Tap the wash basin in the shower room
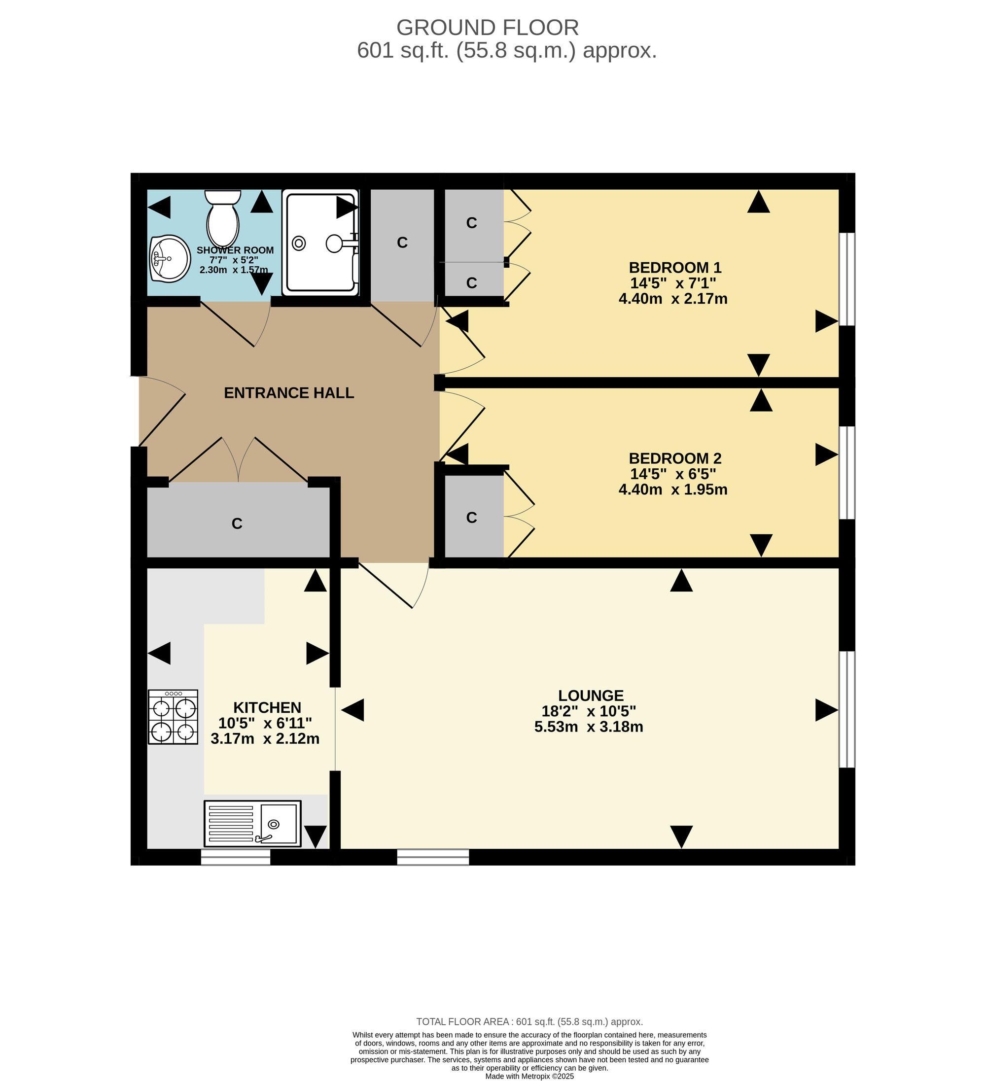pos(170,258)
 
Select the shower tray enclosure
pos(320,243)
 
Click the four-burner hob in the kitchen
pos(173,717)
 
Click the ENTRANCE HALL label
pos(289,393)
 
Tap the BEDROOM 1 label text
pos(675,268)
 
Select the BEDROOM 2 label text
pos(675,458)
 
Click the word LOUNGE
pos(591,696)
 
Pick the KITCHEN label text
pos(267,707)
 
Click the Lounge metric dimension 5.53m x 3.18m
pos(589,727)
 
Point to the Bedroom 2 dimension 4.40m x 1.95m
pos(673,489)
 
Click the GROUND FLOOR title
pos(488,27)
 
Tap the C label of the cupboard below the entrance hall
pos(237,523)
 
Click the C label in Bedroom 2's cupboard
pos(472,518)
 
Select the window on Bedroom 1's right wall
pos(847,279)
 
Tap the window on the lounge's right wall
pos(847,709)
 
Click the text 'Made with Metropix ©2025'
pos(529,1076)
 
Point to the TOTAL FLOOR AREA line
pos(529,1021)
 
